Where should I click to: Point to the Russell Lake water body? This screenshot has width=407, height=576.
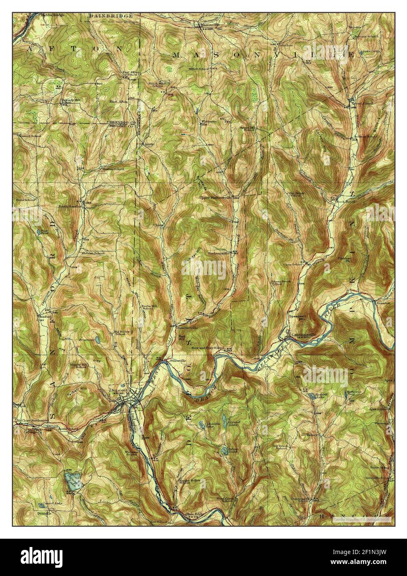coord(310,397)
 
